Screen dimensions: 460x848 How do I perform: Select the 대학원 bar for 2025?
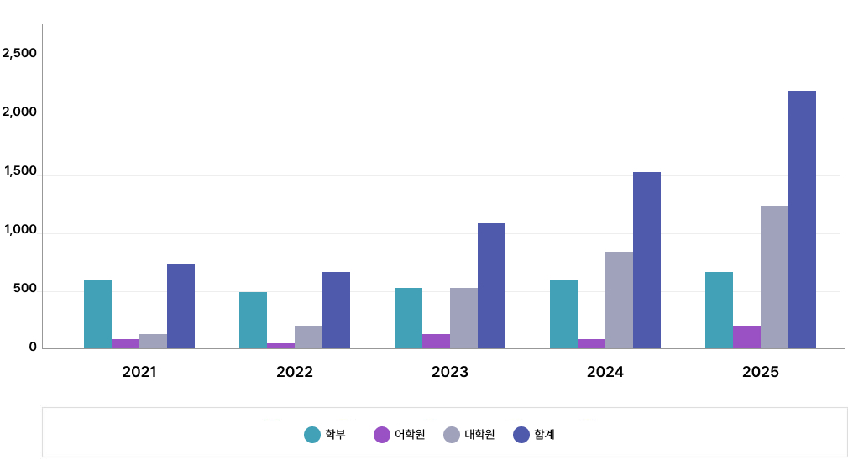pyautogui.click(x=774, y=277)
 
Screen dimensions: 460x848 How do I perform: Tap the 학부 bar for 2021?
pyautogui.click(x=97, y=315)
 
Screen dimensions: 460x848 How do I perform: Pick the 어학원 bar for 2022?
pyautogui.click(x=280, y=346)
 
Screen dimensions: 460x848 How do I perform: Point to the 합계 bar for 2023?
pyautogui.click(x=491, y=286)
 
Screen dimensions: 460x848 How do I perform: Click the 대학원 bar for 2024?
pyautogui.click(x=619, y=301)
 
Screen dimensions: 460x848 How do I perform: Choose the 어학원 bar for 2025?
pyautogui.click(x=746, y=337)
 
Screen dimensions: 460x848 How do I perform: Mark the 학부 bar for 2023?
pyautogui.click(x=408, y=318)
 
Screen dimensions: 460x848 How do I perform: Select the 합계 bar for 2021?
pyautogui.click(x=181, y=306)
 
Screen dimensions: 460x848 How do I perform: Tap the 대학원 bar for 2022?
pyautogui.click(x=308, y=337)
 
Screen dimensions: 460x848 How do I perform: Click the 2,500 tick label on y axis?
pyautogui.click(x=20, y=54)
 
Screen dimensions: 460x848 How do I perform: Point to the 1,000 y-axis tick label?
pyautogui.click(x=20, y=230)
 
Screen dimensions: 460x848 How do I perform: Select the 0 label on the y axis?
pyautogui.click(x=33, y=347)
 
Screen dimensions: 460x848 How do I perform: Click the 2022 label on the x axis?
pyautogui.click(x=295, y=372)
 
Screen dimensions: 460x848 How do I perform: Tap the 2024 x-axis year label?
pyautogui.click(x=605, y=372)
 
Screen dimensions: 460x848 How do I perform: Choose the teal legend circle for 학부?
pyautogui.click(x=312, y=434)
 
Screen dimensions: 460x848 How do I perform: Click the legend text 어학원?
pyautogui.click(x=410, y=434)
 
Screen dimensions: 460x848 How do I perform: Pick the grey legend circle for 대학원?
pyautogui.click(x=452, y=434)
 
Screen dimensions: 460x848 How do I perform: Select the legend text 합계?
pyautogui.click(x=544, y=434)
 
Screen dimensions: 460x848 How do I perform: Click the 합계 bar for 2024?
pyautogui.click(x=646, y=260)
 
